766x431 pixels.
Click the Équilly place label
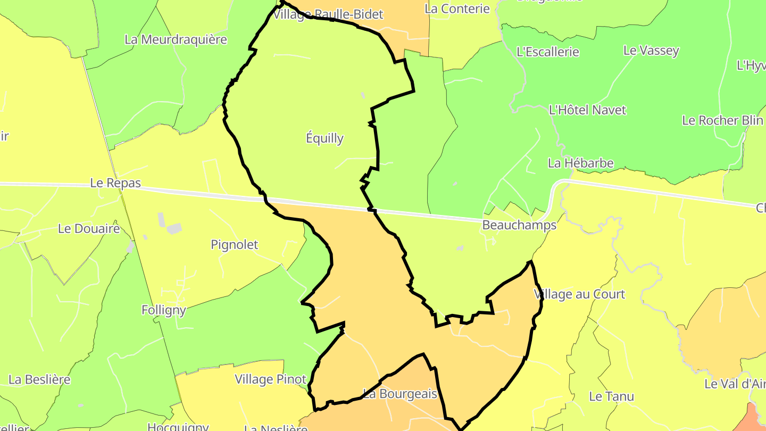pyautogui.click(x=324, y=138)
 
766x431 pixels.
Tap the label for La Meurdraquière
pyautogui.click(x=176, y=39)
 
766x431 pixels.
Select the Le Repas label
pyautogui.click(x=115, y=183)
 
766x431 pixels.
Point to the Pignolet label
pyautogui.click(x=234, y=245)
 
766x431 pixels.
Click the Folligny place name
pyautogui.click(x=164, y=310)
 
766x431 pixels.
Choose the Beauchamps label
pyautogui.click(x=519, y=225)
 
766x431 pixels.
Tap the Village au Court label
pyautogui.click(x=579, y=294)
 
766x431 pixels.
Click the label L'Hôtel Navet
pyautogui.click(x=587, y=110)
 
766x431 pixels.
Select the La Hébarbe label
pyautogui.click(x=580, y=163)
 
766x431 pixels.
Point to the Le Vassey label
pyautogui.click(x=651, y=51)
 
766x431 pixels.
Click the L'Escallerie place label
pyautogui.click(x=548, y=52)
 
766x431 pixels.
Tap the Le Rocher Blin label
pyautogui.click(x=722, y=120)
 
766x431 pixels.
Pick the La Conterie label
pyautogui.click(x=457, y=9)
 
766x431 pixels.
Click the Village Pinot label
pyautogui.click(x=271, y=379)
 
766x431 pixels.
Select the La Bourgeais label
pyautogui.click(x=399, y=394)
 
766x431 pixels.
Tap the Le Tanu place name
pyautogui.click(x=611, y=396)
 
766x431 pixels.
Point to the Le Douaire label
pyautogui.click(x=89, y=229)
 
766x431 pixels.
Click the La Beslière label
pyautogui.click(x=39, y=380)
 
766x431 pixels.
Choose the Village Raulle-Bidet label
pyautogui.click(x=328, y=14)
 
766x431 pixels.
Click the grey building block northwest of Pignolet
pyautogui.click(x=174, y=228)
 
